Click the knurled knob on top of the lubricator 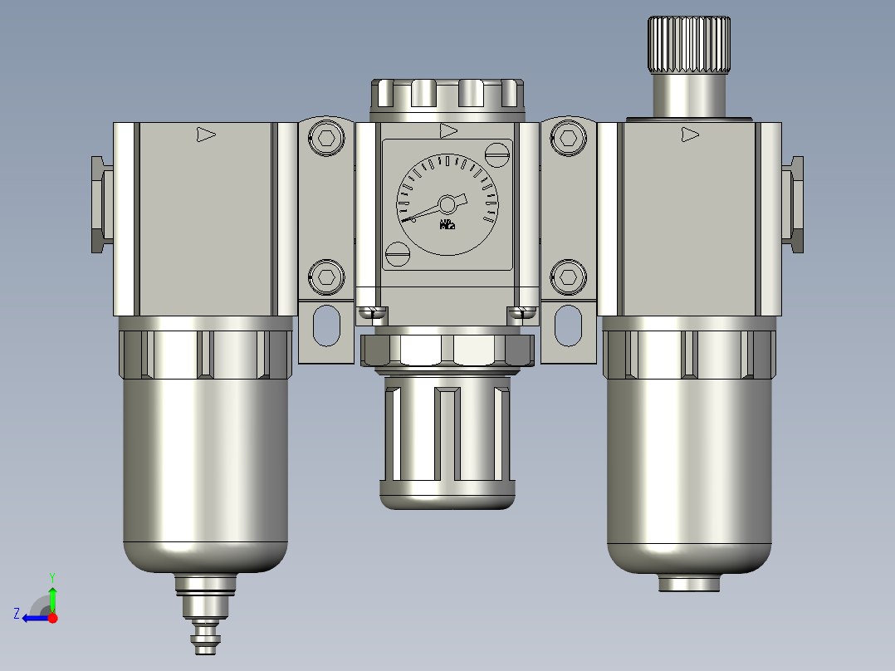pyautogui.click(x=689, y=45)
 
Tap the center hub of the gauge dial pyautogui.click(x=447, y=203)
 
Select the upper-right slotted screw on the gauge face pyautogui.click(x=497, y=153)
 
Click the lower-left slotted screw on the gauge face pyautogui.click(x=399, y=253)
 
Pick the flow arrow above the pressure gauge pyautogui.click(x=448, y=130)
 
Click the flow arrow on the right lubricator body pyautogui.click(x=689, y=134)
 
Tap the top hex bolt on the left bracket pyautogui.click(x=326, y=139)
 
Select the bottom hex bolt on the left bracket pyautogui.click(x=326, y=275)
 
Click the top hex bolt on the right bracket pyautogui.click(x=569, y=139)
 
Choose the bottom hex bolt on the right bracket pyautogui.click(x=569, y=275)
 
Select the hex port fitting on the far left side pyautogui.click(x=101, y=204)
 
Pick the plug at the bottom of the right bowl pyautogui.click(x=689, y=583)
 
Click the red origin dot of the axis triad pyautogui.click(x=52, y=618)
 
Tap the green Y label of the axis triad pyautogui.click(x=52, y=575)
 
